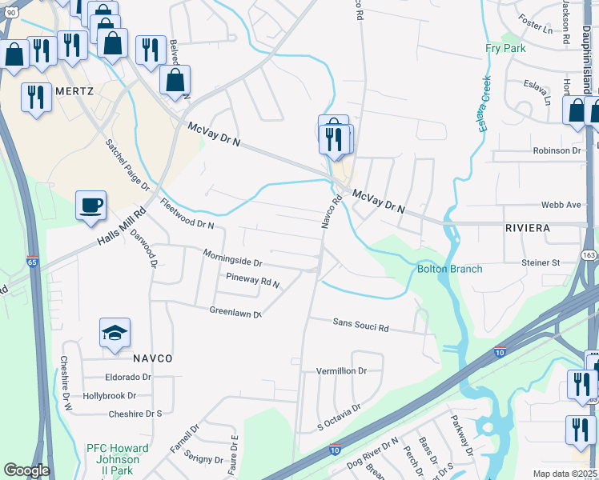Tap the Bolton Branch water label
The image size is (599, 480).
click(x=449, y=269)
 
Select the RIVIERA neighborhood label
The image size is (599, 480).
click(x=528, y=228)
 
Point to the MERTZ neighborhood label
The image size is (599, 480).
click(x=74, y=91)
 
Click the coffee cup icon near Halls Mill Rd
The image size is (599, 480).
click(x=90, y=204)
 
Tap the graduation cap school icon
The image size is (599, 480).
click(x=115, y=333)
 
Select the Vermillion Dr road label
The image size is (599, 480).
click(x=341, y=371)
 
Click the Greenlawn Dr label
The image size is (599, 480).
click(x=235, y=312)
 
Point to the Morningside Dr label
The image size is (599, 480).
click(x=232, y=262)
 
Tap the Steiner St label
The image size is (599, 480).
click(x=541, y=262)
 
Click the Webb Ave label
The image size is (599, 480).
click(x=562, y=205)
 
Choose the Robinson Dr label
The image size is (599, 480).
click(x=557, y=150)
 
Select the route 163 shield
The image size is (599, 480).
click(x=589, y=254)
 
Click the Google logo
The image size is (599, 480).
click(x=26, y=470)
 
